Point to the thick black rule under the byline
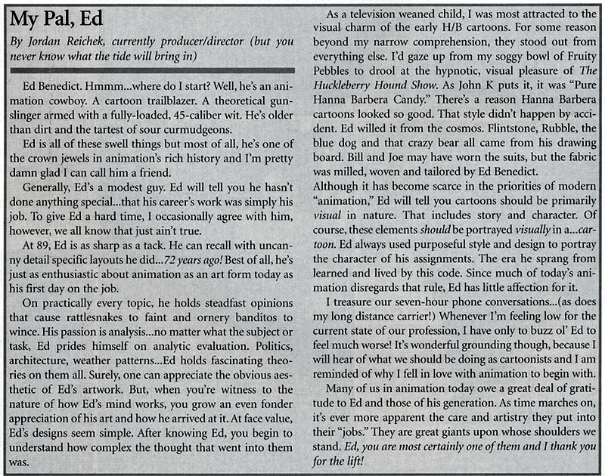(151, 69)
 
